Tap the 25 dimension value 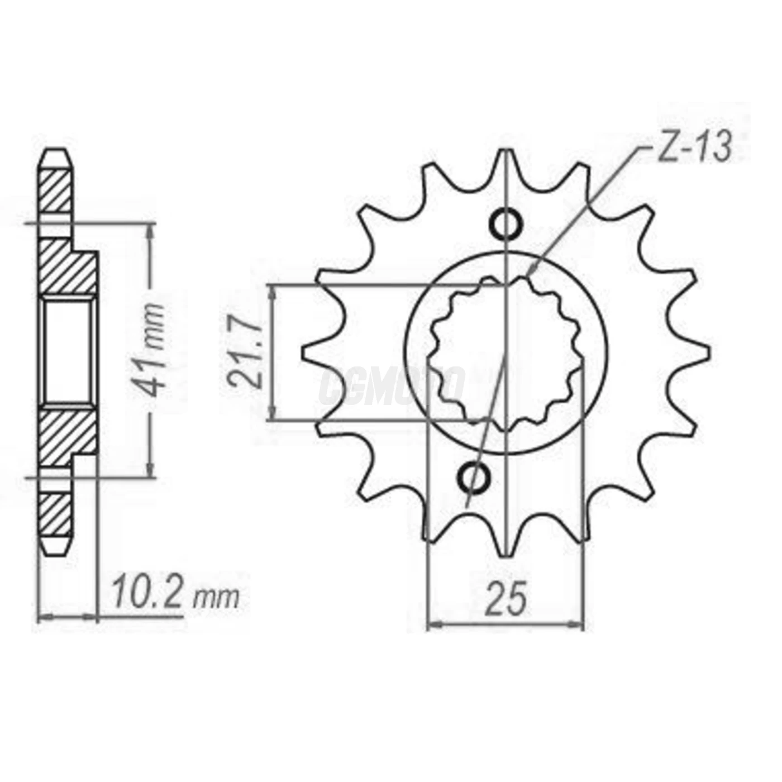pyautogui.click(x=506, y=598)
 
